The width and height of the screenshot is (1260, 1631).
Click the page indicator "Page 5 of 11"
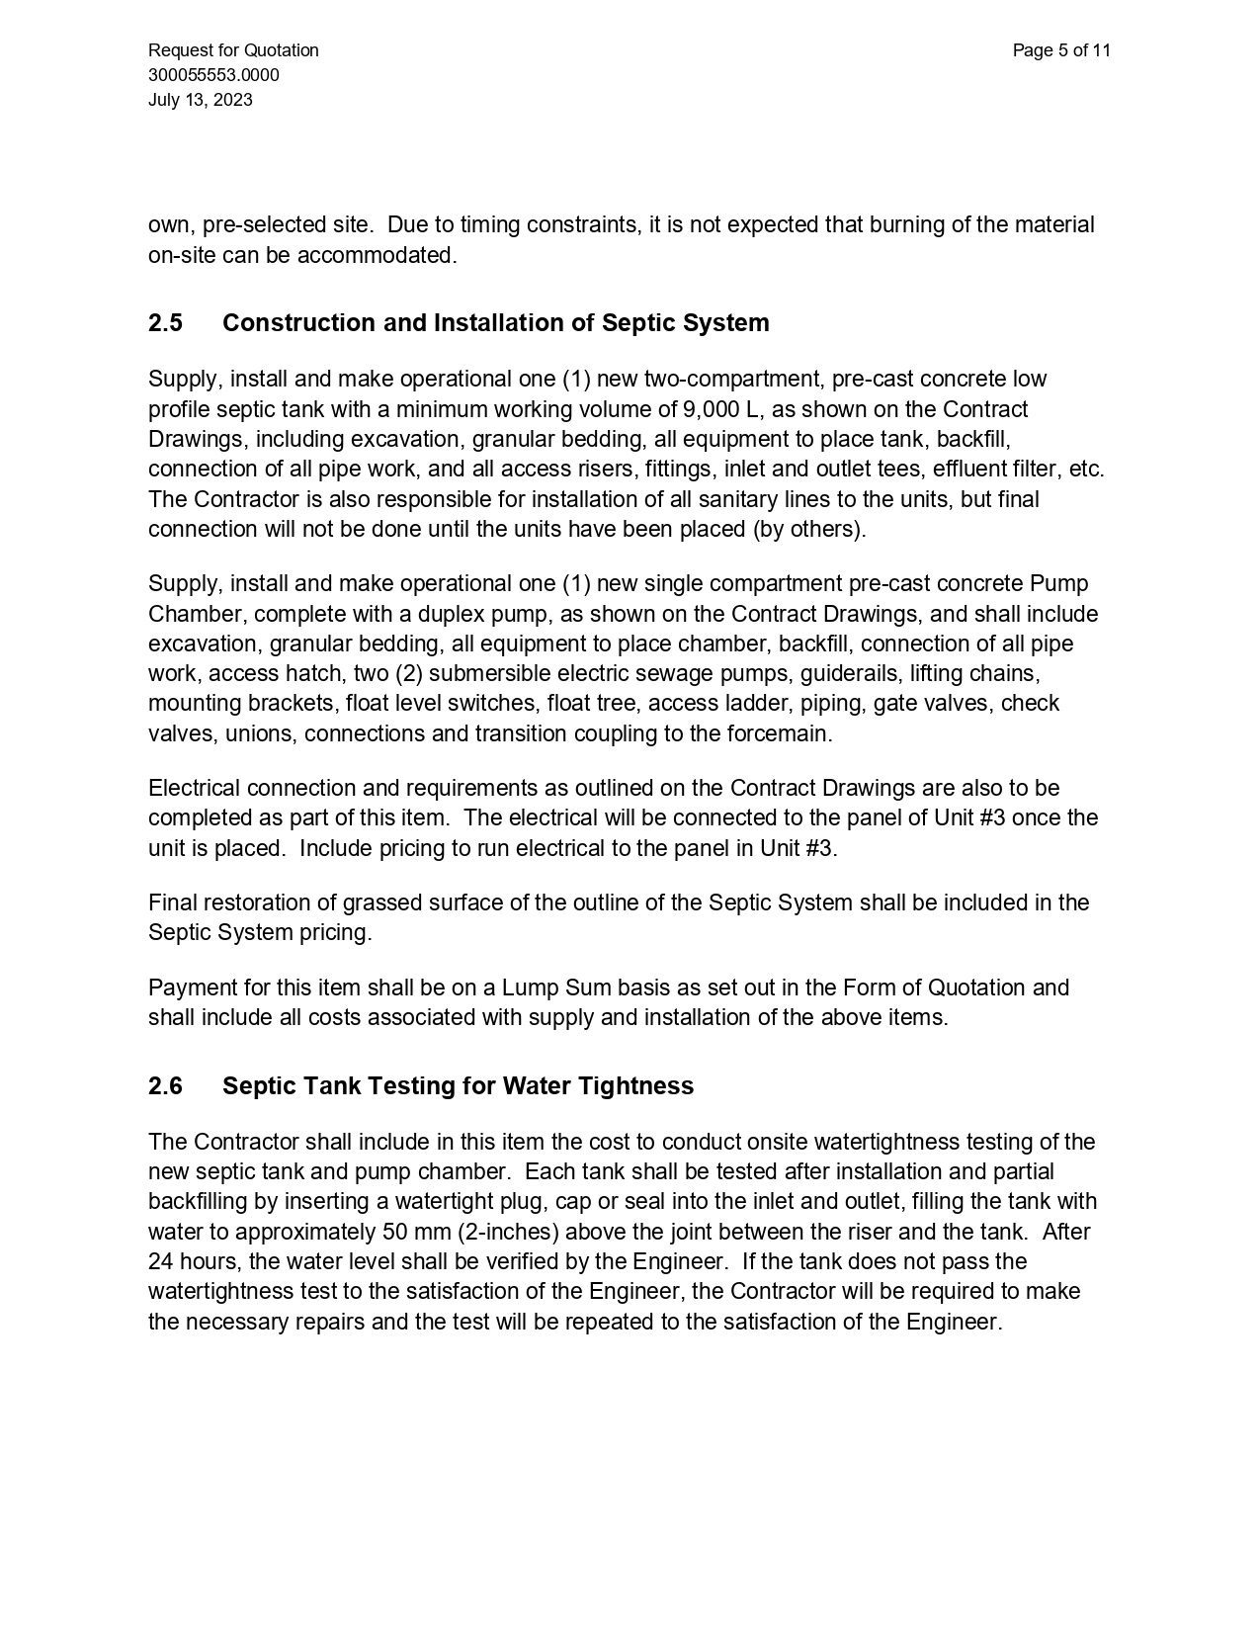pos(1061,50)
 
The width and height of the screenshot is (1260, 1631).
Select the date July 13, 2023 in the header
pos(200,100)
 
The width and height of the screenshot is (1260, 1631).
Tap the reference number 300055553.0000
pos(213,75)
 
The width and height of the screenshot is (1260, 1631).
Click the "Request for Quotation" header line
pos(233,50)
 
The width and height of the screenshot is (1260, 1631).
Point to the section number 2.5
pos(165,323)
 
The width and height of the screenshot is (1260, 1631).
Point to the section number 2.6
pos(165,1086)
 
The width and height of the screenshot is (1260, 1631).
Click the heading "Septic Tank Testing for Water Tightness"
pos(458,1086)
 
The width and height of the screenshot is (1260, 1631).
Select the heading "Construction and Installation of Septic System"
pos(495,323)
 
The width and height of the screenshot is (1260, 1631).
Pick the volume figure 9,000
pos(711,409)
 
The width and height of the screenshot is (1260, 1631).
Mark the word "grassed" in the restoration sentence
pos(379,903)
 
